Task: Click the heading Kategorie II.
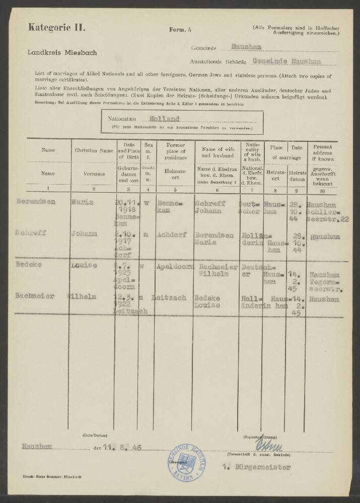coord(57,27)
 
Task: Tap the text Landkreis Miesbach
coord(63,52)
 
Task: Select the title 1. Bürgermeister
coord(263,467)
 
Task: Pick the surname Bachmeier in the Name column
coord(35,296)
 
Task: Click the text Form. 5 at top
coord(180,31)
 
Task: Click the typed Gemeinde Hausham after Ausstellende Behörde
coord(286,61)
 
